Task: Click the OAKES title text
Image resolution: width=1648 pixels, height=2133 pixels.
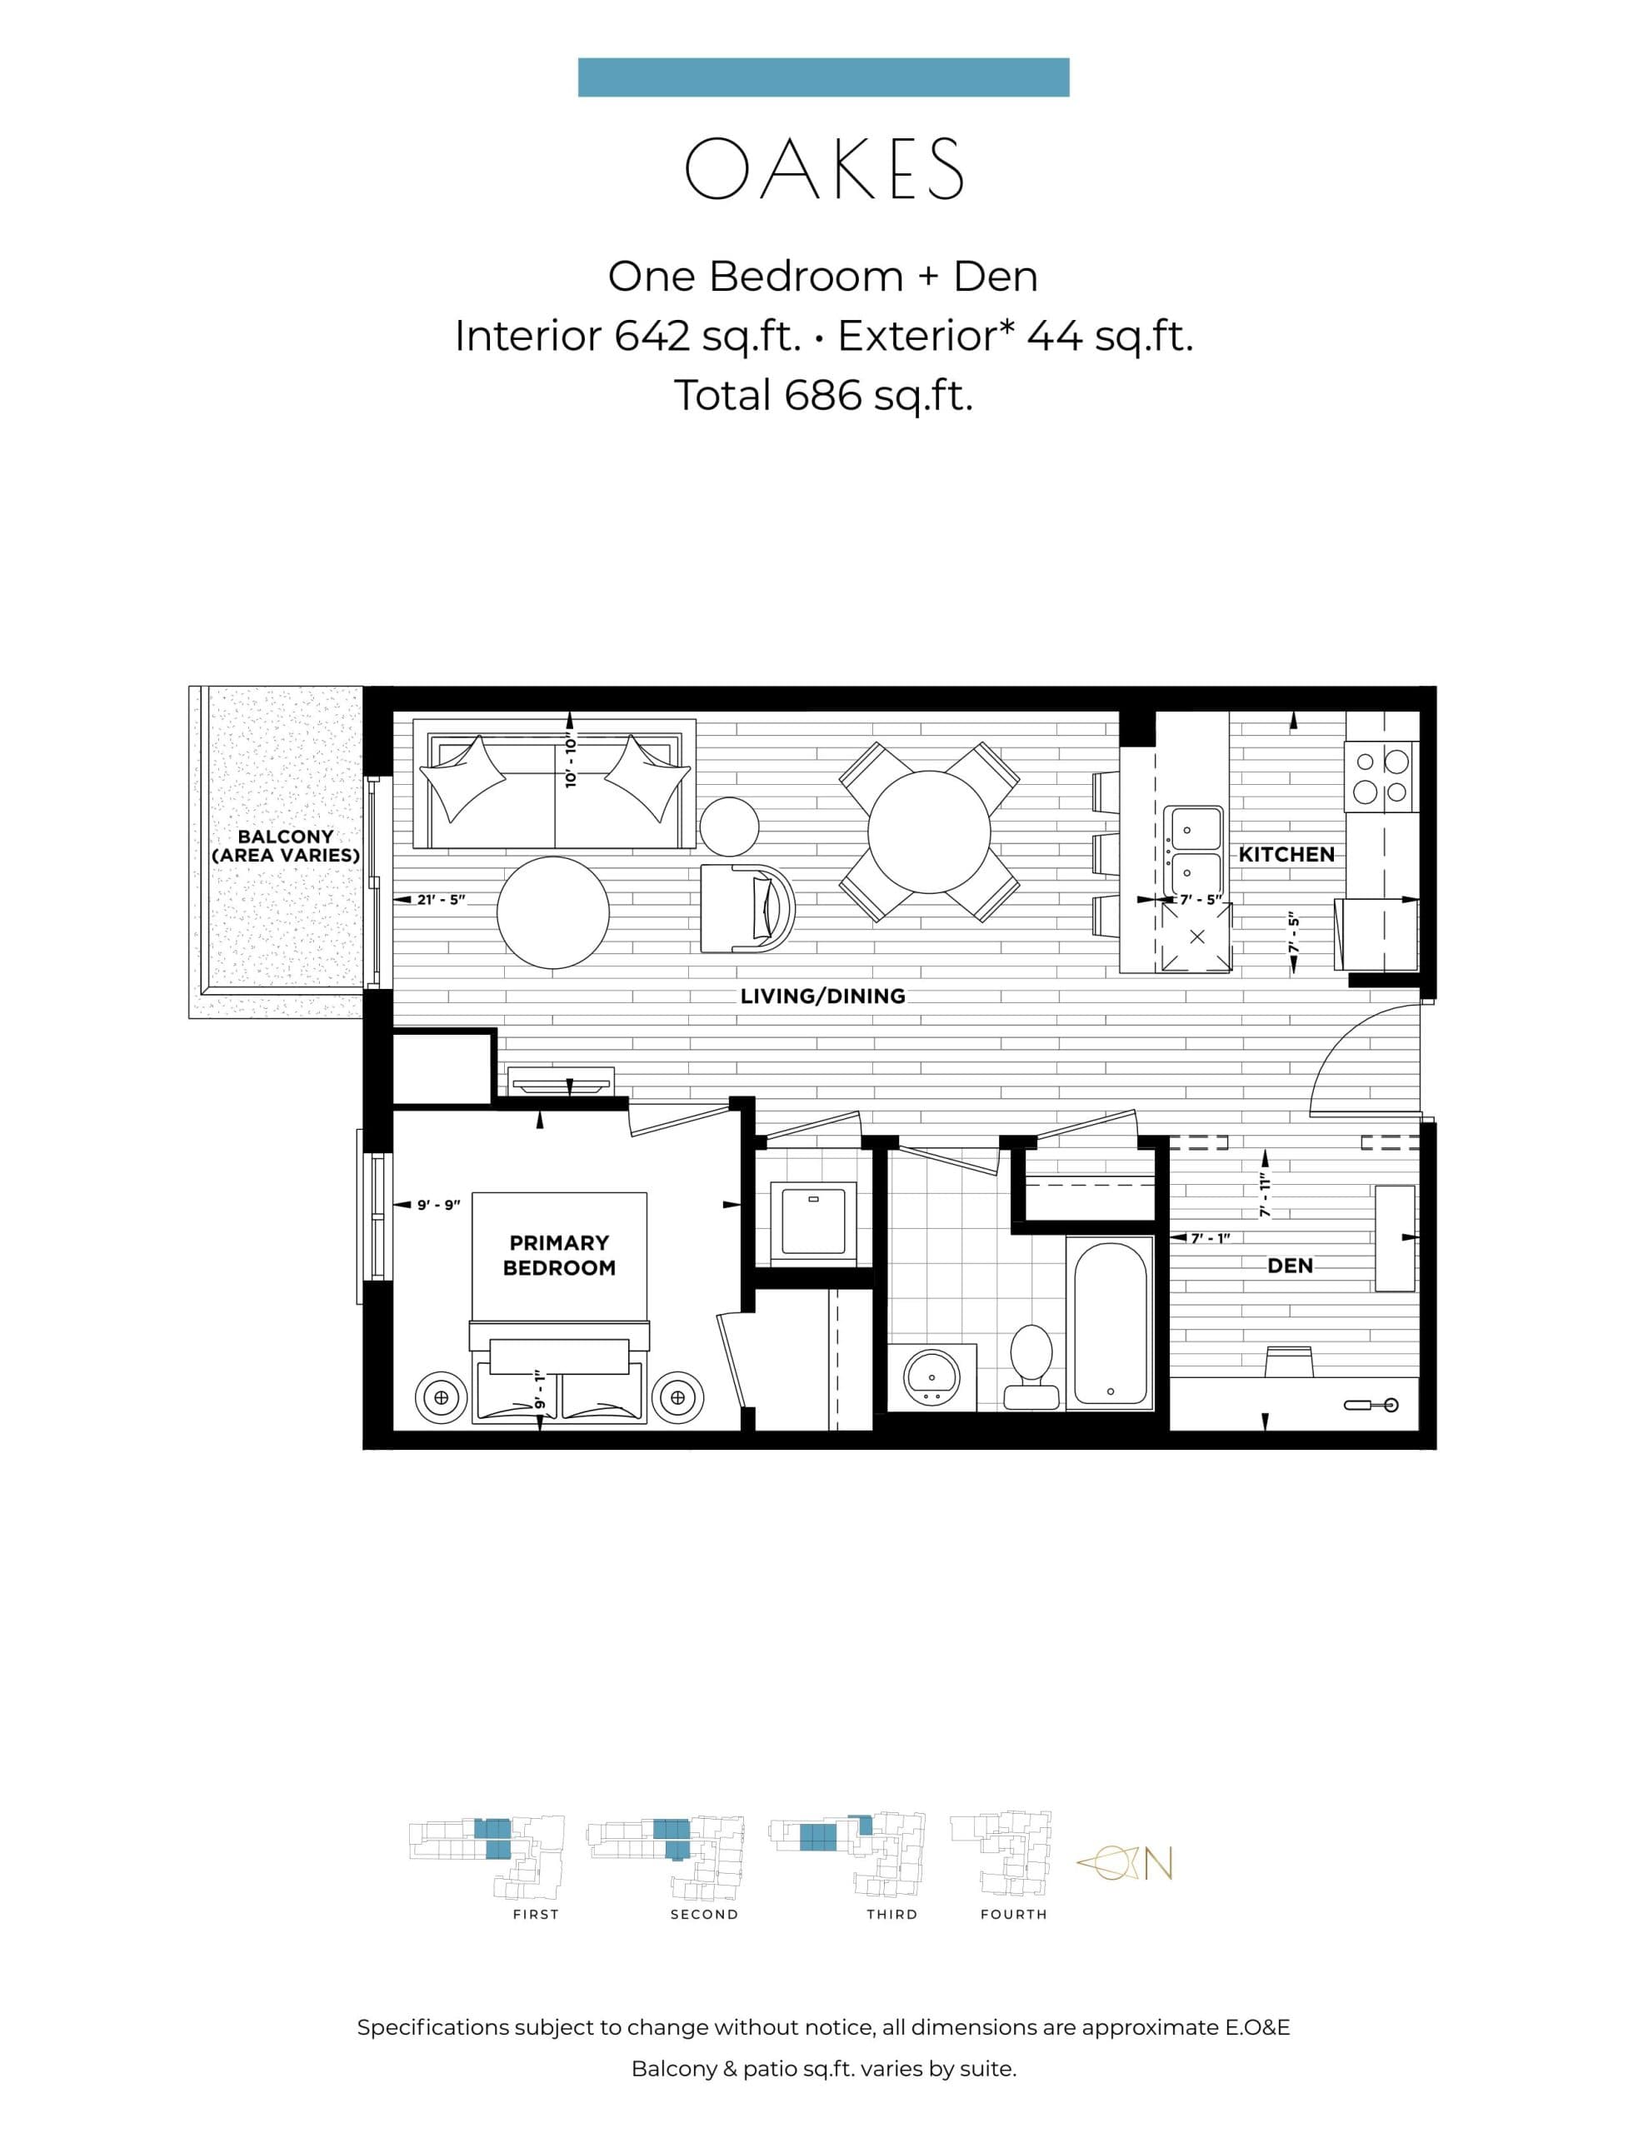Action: click(823, 169)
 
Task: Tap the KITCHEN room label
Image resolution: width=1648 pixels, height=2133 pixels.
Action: click(1286, 855)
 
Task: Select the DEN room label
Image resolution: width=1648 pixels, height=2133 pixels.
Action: click(1290, 1266)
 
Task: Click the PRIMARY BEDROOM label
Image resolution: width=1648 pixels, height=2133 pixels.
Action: click(559, 1255)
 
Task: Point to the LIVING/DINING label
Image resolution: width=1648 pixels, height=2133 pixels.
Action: click(822, 997)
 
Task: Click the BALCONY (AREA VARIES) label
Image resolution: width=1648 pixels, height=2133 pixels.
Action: click(285, 846)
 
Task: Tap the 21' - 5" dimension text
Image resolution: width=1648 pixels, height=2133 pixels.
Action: click(441, 900)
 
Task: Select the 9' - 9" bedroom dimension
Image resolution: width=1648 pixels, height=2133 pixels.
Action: click(438, 1205)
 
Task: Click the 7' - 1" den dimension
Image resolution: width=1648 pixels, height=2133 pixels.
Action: click(1210, 1237)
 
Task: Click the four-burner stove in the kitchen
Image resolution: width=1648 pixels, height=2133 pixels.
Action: click(1381, 777)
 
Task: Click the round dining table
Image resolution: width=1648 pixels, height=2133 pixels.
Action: click(929, 832)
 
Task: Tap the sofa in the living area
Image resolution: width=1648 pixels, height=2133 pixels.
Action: click(555, 785)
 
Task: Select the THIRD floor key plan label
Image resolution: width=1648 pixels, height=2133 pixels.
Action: click(891, 1914)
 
